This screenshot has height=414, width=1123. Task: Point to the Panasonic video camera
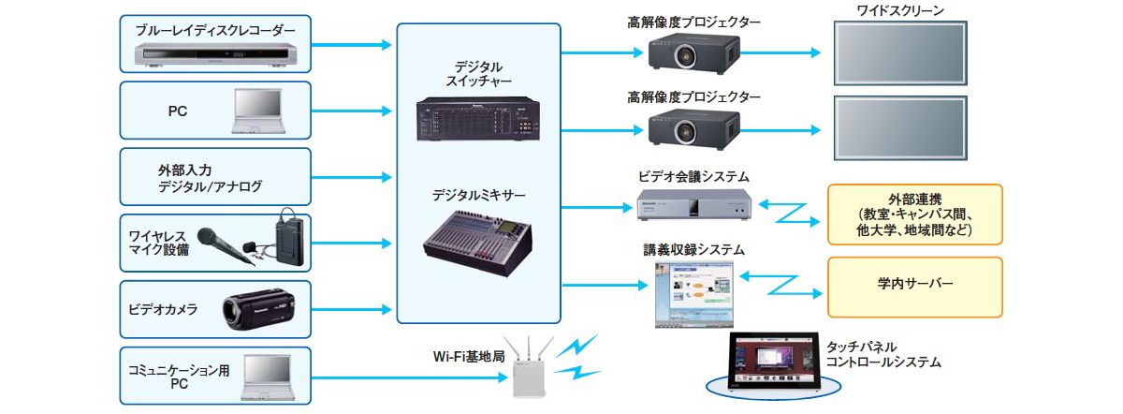259,311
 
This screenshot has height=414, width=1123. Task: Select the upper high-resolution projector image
693,51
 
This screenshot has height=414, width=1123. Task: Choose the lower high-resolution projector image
693,126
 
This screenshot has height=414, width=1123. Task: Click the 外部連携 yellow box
914,214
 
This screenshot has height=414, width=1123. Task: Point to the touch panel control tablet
769,364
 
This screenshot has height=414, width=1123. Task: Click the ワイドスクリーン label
899,11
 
